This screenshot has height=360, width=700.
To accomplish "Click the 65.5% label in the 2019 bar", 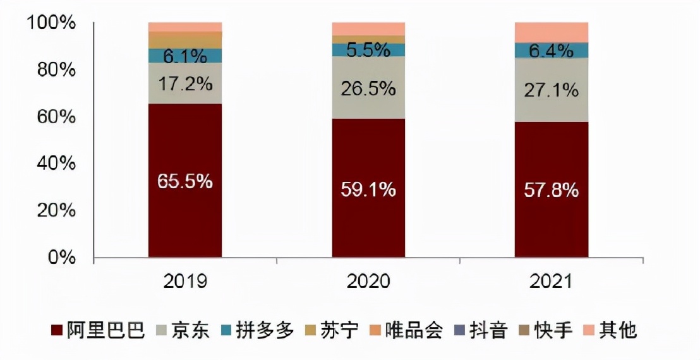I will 185,181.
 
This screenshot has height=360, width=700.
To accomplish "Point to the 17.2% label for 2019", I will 185,83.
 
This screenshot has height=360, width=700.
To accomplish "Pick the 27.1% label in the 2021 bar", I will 552,90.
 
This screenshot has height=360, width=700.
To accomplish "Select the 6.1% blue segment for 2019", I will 185,56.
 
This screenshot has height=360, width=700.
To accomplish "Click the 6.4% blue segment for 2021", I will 552,51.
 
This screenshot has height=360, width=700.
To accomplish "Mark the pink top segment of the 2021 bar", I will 552,32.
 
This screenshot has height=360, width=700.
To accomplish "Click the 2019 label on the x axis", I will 185,281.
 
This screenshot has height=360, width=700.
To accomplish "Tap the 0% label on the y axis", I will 62,258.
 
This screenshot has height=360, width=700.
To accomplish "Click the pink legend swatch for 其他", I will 590,330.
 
